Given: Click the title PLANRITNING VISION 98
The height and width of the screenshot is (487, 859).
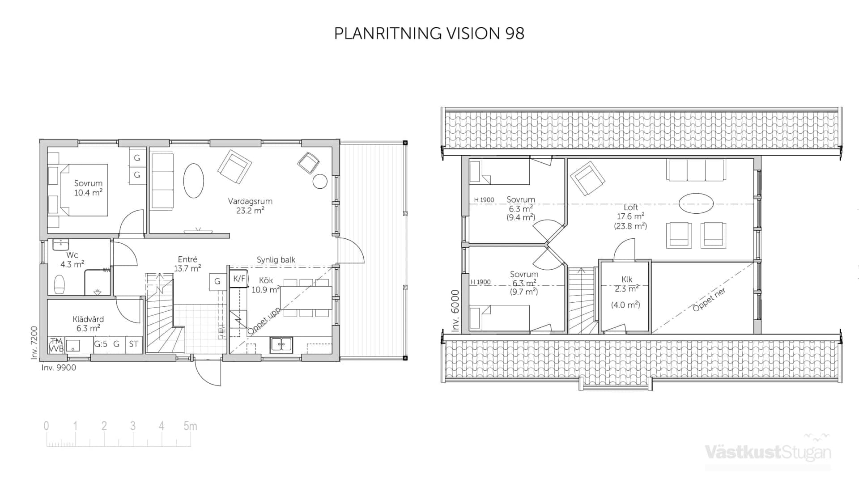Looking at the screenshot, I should tap(429, 34).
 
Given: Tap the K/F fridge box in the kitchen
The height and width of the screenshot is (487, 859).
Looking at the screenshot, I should tap(239, 279).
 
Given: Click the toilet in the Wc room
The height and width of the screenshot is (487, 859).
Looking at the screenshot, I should tap(59, 284).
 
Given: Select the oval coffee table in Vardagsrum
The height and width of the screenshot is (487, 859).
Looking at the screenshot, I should tap(194, 181).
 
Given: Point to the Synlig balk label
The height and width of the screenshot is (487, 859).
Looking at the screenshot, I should tap(276, 260).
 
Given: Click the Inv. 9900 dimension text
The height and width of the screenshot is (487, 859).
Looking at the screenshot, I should tap(59, 368).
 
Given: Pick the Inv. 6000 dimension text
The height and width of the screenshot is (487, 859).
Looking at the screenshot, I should tap(455, 310).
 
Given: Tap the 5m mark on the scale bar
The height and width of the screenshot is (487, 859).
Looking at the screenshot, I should tap(190, 426).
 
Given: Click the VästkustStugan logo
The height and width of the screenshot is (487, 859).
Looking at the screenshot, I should tap(768, 452).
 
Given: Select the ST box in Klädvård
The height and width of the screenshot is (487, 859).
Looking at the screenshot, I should tap(133, 344).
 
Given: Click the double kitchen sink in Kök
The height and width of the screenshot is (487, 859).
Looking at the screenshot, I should tap(281, 344).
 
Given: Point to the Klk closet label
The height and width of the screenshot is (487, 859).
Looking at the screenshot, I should tap(627, 279).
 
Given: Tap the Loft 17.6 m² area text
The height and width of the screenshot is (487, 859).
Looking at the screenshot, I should tap(630, 216).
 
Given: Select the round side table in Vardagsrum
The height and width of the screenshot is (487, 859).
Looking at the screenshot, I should tap(320, 181).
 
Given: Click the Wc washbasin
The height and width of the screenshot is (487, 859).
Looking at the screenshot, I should tap(60, 245).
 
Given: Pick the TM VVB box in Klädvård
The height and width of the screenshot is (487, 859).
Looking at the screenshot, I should tap(56, 345).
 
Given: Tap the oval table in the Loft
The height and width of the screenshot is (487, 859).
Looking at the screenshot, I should tap(696, 203).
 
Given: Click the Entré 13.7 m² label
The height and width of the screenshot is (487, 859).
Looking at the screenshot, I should tap(187, 264).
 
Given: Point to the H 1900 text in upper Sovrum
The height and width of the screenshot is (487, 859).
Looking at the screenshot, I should tap(484, 200).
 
